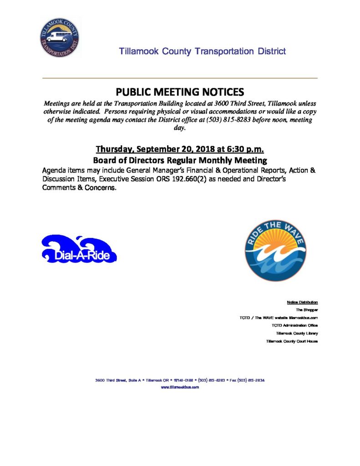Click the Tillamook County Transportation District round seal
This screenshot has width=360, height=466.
59,38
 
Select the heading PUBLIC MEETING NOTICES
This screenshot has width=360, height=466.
180,91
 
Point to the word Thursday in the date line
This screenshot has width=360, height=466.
116,150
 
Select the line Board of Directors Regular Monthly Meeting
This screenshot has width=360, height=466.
180,160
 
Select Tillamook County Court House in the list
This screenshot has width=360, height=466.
292,341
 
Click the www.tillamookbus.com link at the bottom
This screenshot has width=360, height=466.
180,387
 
